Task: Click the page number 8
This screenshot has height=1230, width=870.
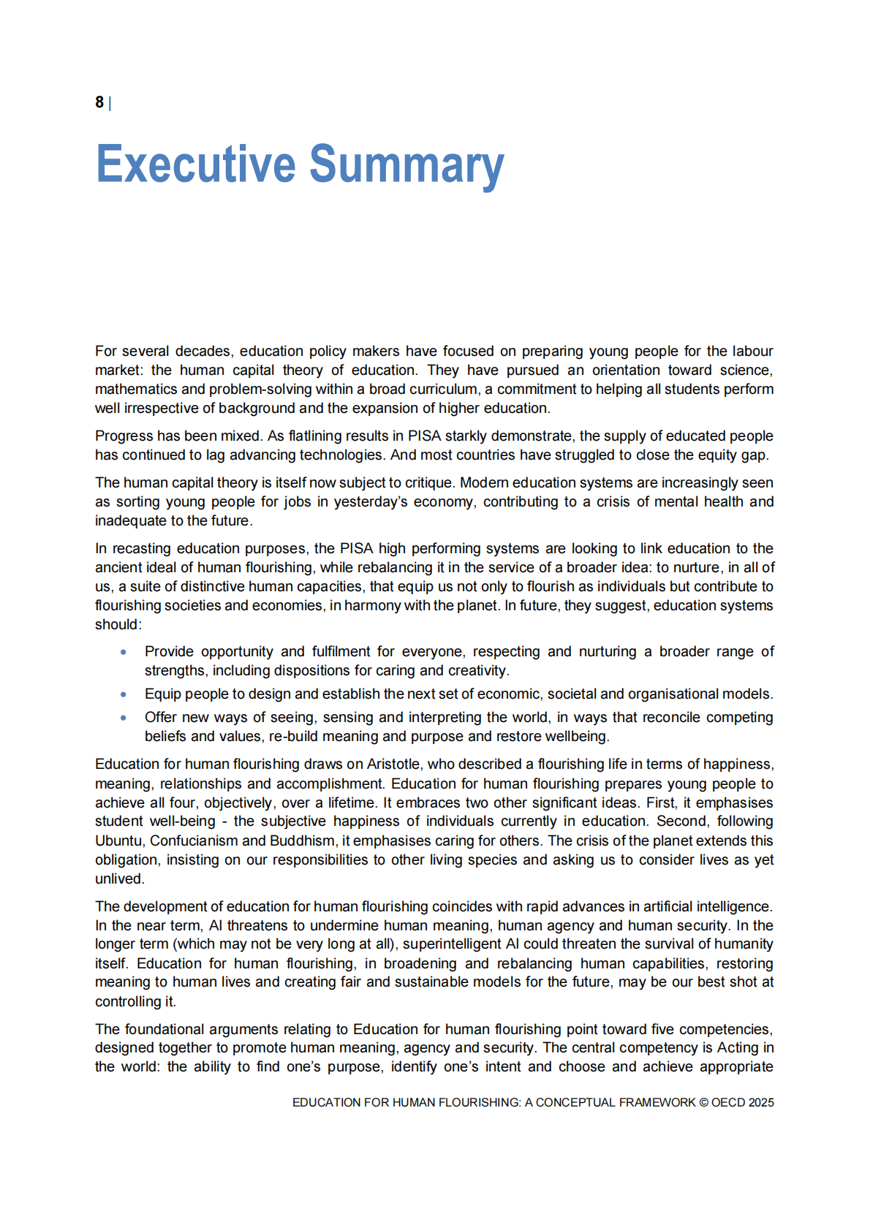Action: pyautogui.click(x=99, y=102)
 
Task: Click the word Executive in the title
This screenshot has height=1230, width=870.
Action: pyautogui.click(x=195, y=164)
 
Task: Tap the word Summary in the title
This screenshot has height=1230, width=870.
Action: pyautogui.click(x=406, y=164)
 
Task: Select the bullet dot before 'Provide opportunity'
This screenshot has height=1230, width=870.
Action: pyautogui.click(x=124, y=651)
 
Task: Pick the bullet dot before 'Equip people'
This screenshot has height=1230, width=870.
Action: pyautogui.click(x=124, y=694)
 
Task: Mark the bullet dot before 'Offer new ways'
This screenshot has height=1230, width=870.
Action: pyautogui.click(x=124, y=717)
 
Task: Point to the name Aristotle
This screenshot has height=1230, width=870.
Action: pyautogui.click(x=393, y=764)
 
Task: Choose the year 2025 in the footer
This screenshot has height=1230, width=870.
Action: pyautogui.click(x=761, y=1102)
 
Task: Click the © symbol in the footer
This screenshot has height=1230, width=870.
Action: pyautogui.click(x=703, y=1102)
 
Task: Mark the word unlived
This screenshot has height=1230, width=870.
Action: pyautogui.click(x=119, y=878)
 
